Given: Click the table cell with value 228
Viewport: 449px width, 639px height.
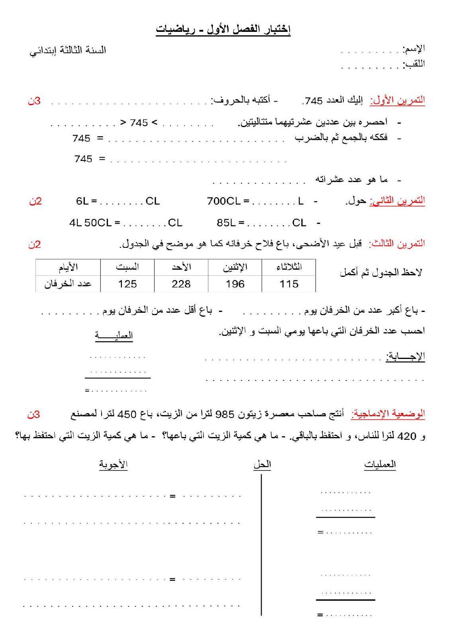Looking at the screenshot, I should coord(181,284).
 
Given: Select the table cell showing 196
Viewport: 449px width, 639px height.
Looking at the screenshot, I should coord(235,284).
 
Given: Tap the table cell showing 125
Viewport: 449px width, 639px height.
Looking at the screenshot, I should coord(127,284).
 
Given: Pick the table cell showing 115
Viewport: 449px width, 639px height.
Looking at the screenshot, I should coord(289,284).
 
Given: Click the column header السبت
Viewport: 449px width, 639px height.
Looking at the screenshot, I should coord(127,267).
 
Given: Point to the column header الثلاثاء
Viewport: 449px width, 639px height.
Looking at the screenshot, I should coord(289,267).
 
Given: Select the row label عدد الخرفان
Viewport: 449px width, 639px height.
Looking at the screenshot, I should coord(68,284).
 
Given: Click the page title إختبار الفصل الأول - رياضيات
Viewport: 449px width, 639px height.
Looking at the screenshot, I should coord(223,29).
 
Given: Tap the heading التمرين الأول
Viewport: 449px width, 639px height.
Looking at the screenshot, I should coord(397,100).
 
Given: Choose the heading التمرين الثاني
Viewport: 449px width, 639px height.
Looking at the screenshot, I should coord(397,200).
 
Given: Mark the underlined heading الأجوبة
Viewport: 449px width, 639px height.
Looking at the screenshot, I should coord(114,465).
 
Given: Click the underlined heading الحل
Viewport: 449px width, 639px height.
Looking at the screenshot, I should coord(262,465).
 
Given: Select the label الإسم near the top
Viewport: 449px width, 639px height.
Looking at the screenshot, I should coord(414,49).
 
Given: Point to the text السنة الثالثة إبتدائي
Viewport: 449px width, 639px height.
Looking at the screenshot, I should coord(68,51).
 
